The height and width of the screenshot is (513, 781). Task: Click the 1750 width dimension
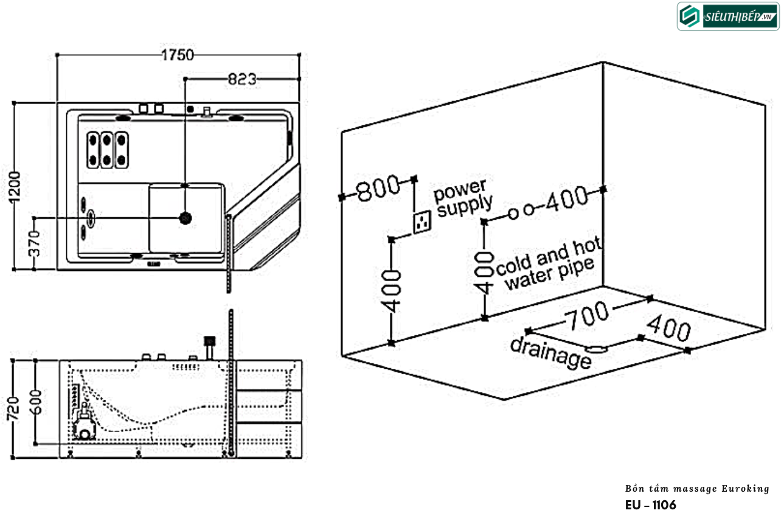tap(178, 55)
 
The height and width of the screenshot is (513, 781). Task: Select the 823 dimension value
tap(242, 79)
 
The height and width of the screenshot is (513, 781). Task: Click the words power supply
tap(463, 197)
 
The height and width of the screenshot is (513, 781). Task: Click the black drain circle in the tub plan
tap(185, 217)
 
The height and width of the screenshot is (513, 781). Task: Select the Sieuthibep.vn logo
tap(728, 16)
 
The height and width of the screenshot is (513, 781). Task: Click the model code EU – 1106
tap(650, 504)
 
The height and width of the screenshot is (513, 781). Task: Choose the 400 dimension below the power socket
tap(393, 291)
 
